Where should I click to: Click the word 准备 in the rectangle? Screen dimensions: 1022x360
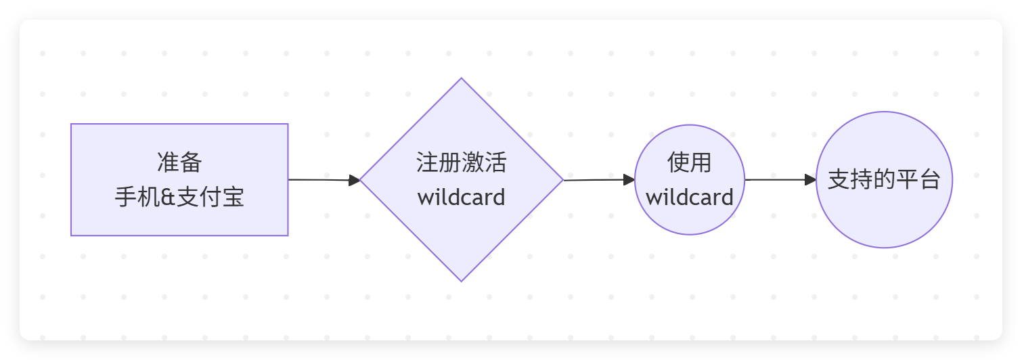coord(179,162)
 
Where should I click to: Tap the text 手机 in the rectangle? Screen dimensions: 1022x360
coord(137,197)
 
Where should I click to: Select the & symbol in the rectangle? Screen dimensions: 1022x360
coord(168,198)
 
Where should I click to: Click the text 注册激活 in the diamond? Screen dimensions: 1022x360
coord(462,162)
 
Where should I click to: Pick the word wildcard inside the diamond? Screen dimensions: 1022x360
coord(462,198)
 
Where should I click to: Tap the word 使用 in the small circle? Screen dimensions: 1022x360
coord(690,162)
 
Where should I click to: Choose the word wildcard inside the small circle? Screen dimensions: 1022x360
coord(690,198)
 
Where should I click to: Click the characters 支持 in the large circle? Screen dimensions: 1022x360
coord(850,179)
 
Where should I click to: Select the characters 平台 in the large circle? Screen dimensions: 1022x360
coord(918,179)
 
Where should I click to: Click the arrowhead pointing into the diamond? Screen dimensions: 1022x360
coord(355,180)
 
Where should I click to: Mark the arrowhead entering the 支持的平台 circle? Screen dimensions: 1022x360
coord(811,180)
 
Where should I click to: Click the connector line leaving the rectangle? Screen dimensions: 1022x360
coord(319,180)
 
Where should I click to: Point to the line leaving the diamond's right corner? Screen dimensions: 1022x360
coord(594,180)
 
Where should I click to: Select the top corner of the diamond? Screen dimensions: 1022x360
coord(462,78)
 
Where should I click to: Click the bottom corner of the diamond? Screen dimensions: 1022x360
coord(462,282)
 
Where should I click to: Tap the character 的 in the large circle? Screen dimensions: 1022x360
coord(884,179)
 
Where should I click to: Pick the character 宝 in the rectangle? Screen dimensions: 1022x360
coord(233,197)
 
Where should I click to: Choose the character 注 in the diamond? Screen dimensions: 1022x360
coord(427,162)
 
